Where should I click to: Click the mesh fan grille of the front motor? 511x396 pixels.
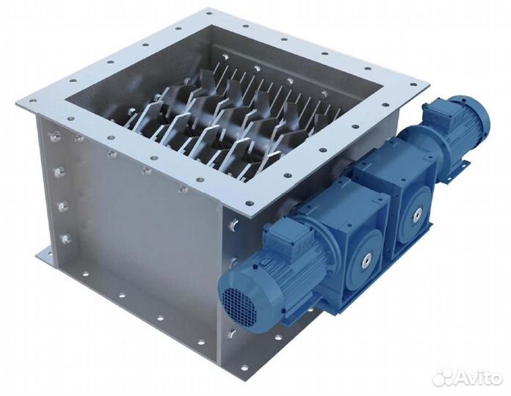(239, 303)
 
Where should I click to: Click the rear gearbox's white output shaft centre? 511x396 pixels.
(417, 215)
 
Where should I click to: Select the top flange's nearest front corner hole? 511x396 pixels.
(250, 202)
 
